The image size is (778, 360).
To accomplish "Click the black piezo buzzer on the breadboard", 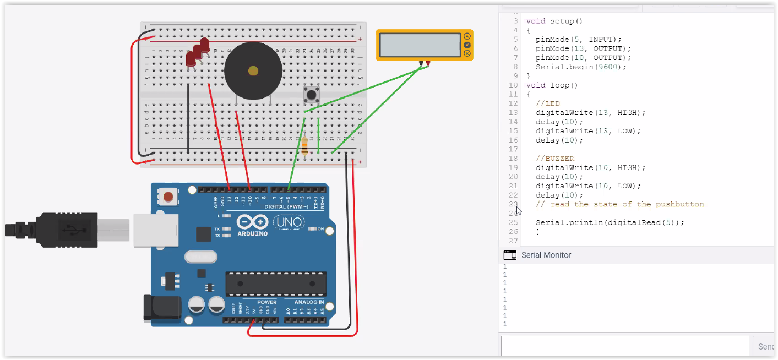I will [x=253, y=70].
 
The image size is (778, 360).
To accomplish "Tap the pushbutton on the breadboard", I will [x=312, y=95].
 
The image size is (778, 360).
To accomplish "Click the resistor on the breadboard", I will [x=304, y=147].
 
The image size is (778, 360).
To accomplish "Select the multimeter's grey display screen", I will [x=420, y=45].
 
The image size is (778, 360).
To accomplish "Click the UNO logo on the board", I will [x=288, y=222].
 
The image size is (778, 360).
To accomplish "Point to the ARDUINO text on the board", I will [x=253, y=233].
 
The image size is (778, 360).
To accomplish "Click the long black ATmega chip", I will [x=275, y=283].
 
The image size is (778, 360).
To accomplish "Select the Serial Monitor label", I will [x=546, y=255].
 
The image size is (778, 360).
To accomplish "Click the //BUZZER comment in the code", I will [x=554, y=159].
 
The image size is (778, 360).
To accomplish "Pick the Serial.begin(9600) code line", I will [x=580, y=67].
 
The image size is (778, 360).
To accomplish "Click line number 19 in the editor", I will [x=513, y=167].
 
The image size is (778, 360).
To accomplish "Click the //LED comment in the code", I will [x=547, y=103].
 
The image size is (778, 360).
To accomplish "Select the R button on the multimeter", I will [x=467, y=53].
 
